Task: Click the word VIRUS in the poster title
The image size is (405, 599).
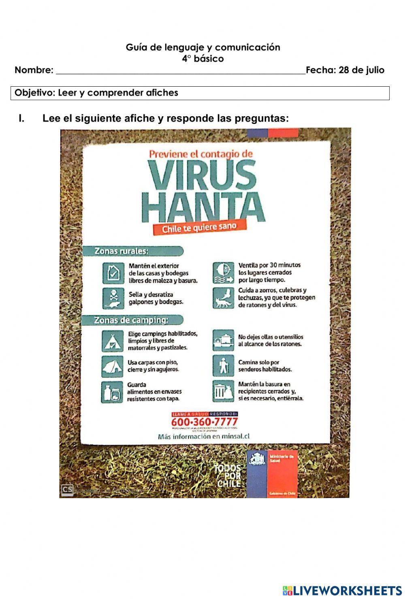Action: point(202,175)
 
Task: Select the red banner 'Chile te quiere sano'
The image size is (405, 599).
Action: point(199,228)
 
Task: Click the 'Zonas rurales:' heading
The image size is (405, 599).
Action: point(122,251)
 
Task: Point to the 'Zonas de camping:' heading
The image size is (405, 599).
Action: point(131,320)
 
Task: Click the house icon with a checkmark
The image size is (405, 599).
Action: point(113,273)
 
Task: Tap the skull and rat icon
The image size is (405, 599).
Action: point(113,298)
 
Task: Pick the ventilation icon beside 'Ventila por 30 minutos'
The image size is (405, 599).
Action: point(223,273)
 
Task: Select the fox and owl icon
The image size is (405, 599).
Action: point(223,298)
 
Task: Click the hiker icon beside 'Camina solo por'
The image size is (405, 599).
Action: point(223,366)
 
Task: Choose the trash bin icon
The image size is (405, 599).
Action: point(223,391)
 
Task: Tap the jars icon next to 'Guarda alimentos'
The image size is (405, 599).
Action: point(112,392)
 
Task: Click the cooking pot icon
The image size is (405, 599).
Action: point(223,340)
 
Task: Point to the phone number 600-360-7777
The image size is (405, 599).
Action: point(204,422)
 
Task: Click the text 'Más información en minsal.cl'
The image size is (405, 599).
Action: point(204,437)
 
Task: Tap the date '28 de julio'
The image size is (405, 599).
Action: point(361,70)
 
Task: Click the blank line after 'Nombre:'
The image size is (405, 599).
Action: point(180,71)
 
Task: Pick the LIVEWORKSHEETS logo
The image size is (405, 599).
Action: point(342,590)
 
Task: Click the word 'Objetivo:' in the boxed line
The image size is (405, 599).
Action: point(35,93)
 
